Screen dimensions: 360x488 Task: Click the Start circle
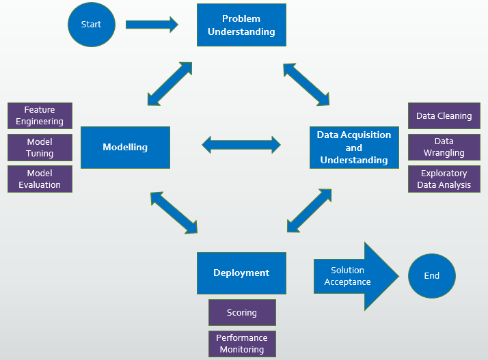90,25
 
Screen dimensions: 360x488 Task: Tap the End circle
431,276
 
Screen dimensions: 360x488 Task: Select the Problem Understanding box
241,25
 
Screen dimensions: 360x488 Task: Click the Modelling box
125,147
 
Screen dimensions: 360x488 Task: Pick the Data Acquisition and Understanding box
353,148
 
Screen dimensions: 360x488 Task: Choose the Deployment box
241,273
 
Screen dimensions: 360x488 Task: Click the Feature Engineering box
40,115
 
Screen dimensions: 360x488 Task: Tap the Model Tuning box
40,148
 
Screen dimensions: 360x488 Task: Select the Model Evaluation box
40,179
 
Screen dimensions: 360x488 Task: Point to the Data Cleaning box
444,116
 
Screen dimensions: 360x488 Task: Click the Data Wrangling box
444,148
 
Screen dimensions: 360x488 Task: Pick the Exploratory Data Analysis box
444,179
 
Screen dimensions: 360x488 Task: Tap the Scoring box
242,312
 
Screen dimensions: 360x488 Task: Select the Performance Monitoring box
242,344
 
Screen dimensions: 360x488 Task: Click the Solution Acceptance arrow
352,276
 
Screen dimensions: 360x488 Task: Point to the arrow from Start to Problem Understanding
152,25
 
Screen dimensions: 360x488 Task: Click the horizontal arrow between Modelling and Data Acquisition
241,144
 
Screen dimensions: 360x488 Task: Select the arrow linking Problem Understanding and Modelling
170,83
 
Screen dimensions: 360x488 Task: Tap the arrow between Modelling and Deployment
174,212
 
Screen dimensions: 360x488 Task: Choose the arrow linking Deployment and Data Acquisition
310,210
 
